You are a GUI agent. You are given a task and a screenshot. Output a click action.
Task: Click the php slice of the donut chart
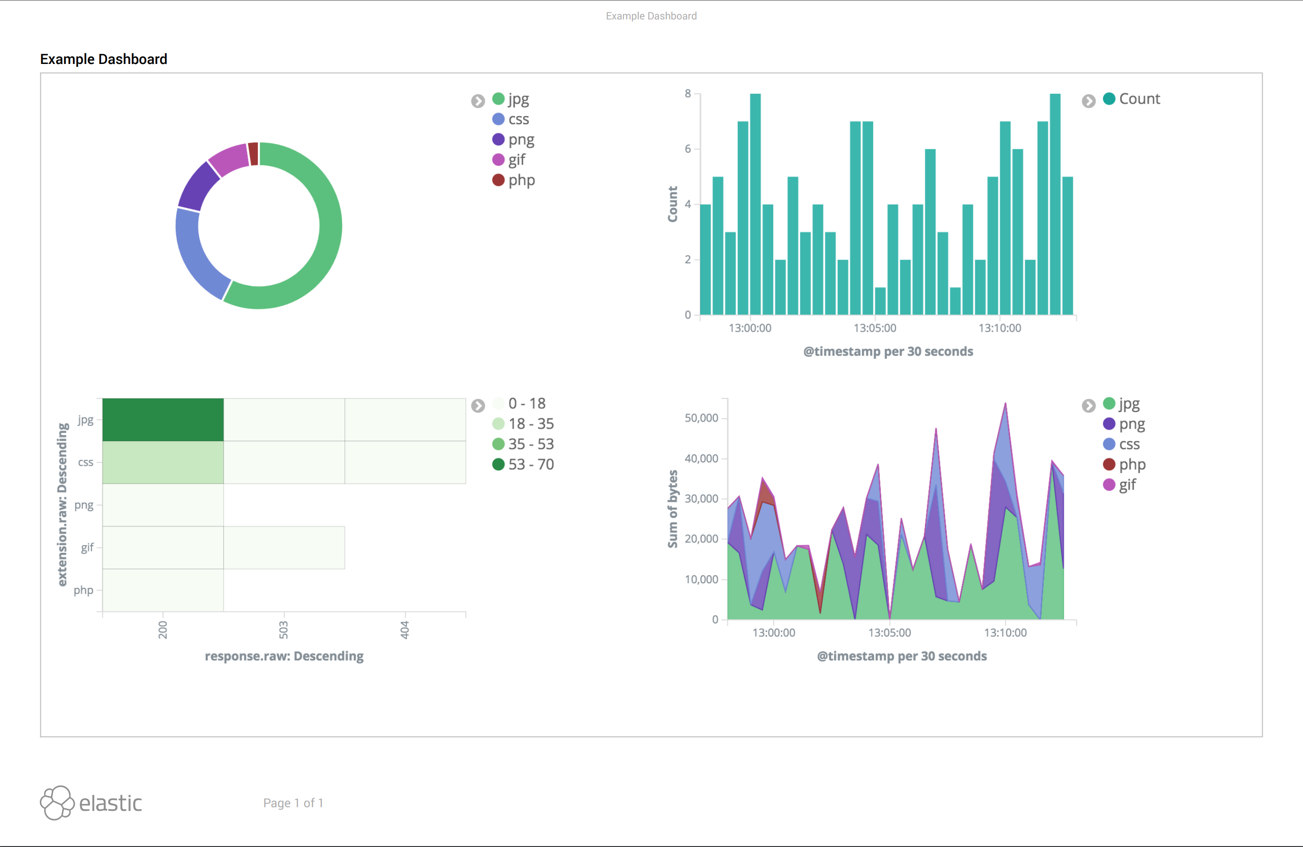(x=253, y=154)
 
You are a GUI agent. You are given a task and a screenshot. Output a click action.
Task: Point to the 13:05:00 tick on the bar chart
(x=875, y=328)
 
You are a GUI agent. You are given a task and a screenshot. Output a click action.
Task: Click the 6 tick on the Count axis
(x=688, y=149)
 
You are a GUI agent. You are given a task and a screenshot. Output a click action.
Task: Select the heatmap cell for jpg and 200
(x=163, y=420)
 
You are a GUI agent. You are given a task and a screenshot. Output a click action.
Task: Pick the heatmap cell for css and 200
(x=163, y=462)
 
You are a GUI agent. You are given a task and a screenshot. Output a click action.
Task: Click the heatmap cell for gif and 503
(x=284, y=548)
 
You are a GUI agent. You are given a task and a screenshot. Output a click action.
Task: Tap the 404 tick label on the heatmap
(x=405, y=630)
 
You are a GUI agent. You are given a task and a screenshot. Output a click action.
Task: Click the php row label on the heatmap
(x=84, y=590)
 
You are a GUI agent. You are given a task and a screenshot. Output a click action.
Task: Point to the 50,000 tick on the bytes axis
(x=701, y=418)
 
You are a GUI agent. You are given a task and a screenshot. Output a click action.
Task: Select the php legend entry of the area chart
(x=1131, y=465)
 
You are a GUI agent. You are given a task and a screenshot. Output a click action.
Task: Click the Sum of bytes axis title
(x=672, y=509)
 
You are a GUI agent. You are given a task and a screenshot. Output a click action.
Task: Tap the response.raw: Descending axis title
(x=284, y=656)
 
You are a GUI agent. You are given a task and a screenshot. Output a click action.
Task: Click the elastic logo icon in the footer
(x=57, y=802)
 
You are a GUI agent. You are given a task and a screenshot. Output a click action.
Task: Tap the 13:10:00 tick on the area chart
(x=1005, y=632)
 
